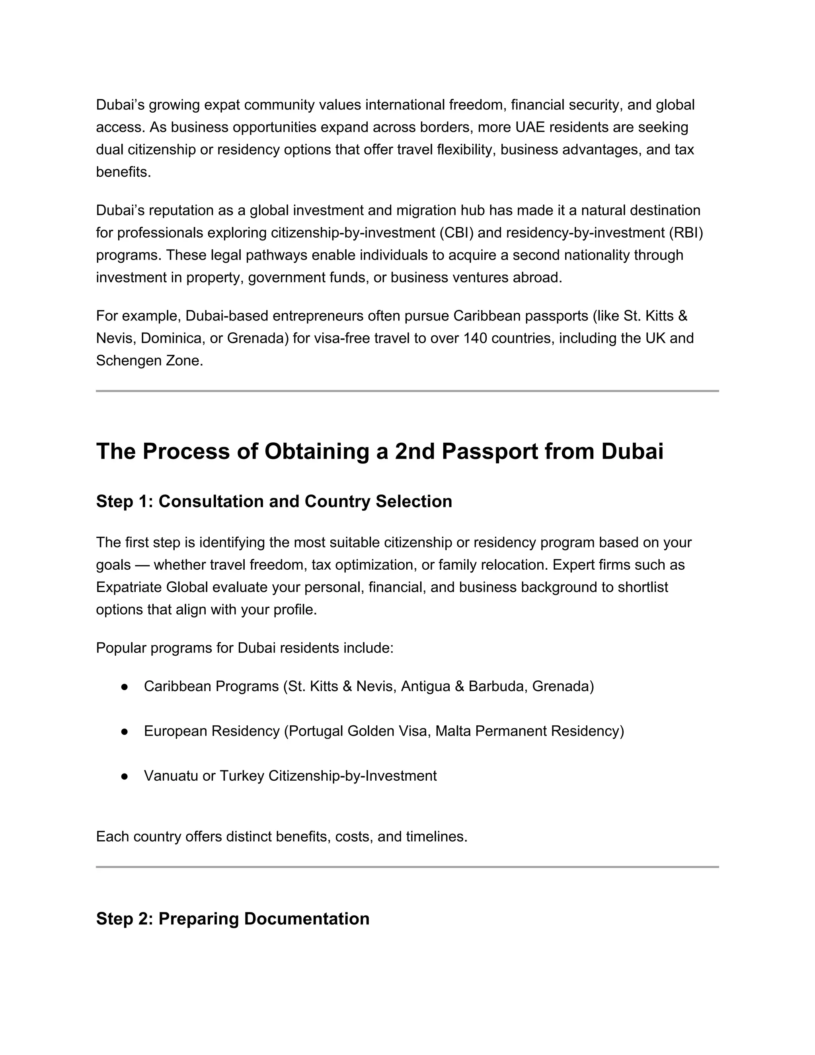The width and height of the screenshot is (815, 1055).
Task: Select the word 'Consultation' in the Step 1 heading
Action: (x=211, y=501)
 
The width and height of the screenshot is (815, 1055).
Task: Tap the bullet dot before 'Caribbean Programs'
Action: (x=125, y=686)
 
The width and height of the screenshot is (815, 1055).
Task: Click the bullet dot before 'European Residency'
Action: (x=125, y=731)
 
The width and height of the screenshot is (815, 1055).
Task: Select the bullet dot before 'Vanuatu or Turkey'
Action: (x=125, y=776)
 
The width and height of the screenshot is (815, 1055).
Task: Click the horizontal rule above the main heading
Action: (x=407, y=391)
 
